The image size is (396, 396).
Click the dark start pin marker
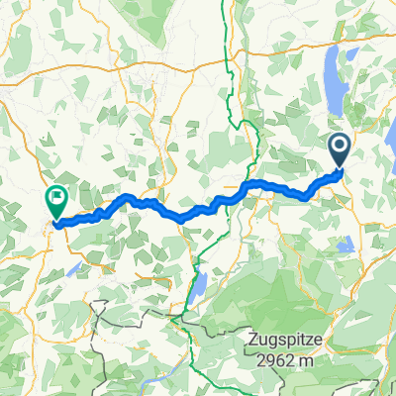339,150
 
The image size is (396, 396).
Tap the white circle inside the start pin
339,148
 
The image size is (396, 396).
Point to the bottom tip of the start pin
339,168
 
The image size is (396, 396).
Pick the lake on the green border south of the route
198,287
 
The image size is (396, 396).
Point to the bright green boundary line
232,99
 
